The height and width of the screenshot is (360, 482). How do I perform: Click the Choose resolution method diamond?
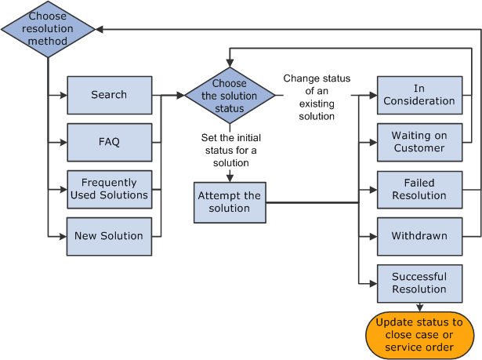[x=48, y=29]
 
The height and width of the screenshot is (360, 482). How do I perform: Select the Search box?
[x=109, y=95]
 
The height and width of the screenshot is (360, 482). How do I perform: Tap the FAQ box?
[x=109, y=142]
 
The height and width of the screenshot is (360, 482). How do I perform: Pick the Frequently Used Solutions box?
[x=109, y=189]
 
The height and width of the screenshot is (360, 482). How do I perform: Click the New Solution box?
[x=109, y=236]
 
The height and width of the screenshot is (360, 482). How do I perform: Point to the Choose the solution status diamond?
[x=229, y=96]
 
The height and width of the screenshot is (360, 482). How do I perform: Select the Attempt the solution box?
[x=229, y=202]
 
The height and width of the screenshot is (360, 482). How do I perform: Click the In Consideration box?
[x=419, y=95]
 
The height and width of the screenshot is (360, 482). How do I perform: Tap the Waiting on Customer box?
[x=419, y=142]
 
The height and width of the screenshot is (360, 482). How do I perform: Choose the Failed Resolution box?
[x=419, y=189]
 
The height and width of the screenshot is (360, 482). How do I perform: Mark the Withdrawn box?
[x=419, y=236]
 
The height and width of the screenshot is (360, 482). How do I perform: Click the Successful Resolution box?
[x=419, y=283]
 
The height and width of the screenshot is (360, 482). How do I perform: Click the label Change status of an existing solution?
[x=317, y=97]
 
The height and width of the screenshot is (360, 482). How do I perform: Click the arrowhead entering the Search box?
[x=63, y=95]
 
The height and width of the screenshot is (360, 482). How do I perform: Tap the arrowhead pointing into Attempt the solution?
[x=229, y=177]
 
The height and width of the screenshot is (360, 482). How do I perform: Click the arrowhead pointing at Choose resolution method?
[x=100, y=29]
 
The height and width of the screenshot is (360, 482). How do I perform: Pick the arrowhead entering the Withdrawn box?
[x=373, y=236]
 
